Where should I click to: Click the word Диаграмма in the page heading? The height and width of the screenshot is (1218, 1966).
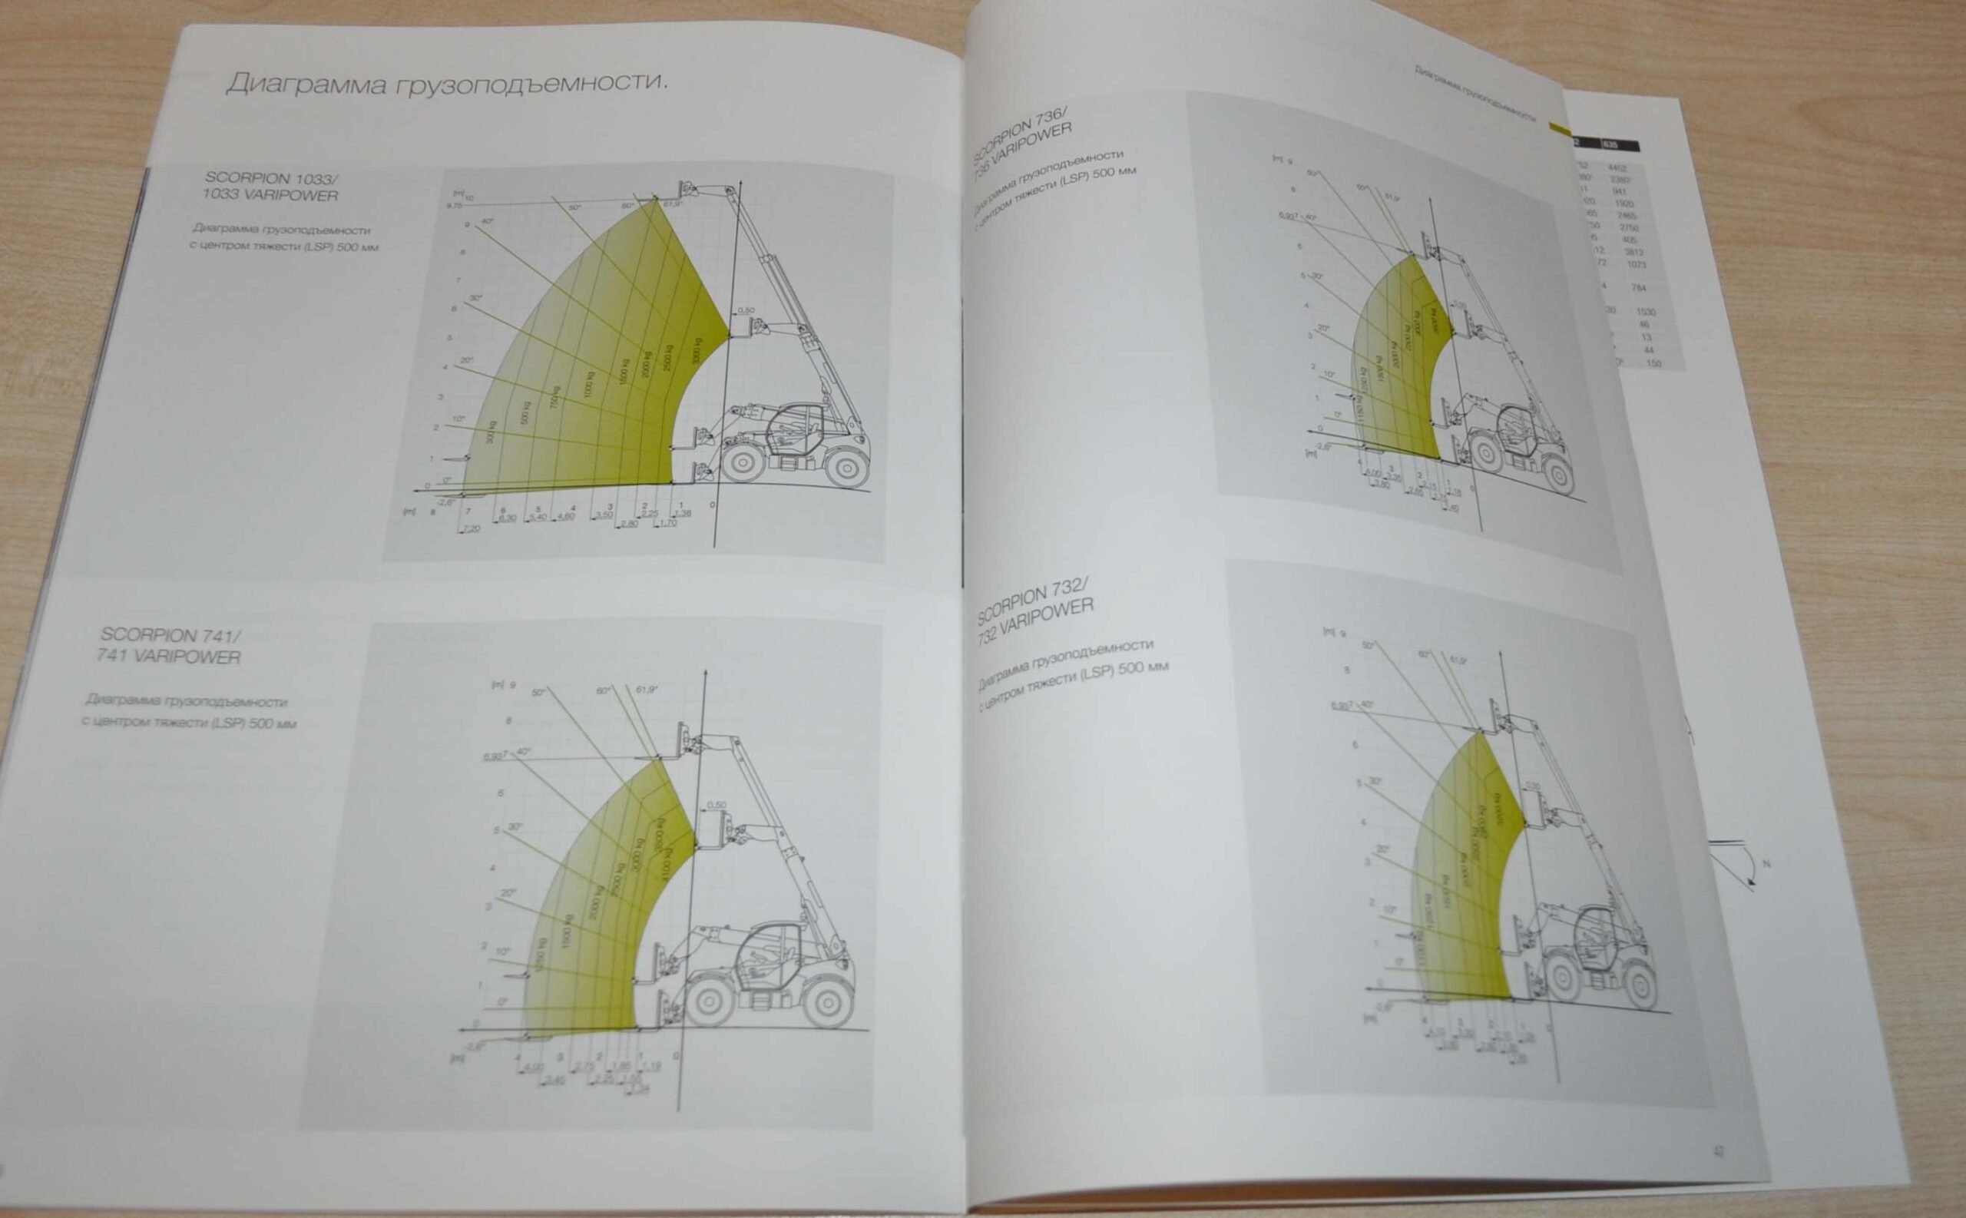click(x=304, y=84)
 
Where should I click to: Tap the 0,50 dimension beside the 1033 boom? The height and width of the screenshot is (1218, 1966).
click(x=745, y=310)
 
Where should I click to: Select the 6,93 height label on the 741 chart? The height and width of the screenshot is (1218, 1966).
click(x=494, y=757)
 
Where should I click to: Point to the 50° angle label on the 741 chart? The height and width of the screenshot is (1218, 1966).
click(x=539, y=692)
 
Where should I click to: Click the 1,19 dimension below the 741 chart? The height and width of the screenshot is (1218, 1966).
click(x=652, y=1068)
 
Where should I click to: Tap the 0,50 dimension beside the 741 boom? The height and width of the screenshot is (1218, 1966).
click(x=714, y=805)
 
